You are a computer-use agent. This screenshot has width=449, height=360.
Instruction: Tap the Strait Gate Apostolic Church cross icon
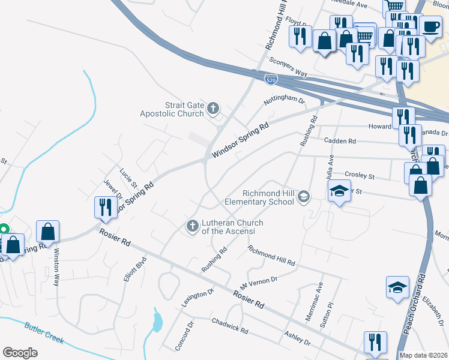(x=212, y=109)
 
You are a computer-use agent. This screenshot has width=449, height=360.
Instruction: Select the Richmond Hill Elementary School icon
(x=304, y=196)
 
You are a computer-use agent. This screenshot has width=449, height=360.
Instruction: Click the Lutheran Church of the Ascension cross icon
(x=192, y=226)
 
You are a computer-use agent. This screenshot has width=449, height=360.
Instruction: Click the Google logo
(x=20, y=352)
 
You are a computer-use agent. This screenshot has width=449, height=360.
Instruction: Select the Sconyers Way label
(x=288, y=67)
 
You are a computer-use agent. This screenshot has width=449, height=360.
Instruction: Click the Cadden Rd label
(x=340, y=142)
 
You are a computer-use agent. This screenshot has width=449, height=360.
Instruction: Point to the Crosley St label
(x=360, y=176)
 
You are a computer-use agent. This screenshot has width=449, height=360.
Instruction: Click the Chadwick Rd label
(x=230, y=326)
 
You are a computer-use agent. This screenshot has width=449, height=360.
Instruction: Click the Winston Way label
(x=57, y=266)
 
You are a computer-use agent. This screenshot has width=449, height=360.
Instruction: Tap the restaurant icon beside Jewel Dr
(x=105, y=207)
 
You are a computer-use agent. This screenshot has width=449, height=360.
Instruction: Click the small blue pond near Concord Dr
(x=157, y=322)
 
